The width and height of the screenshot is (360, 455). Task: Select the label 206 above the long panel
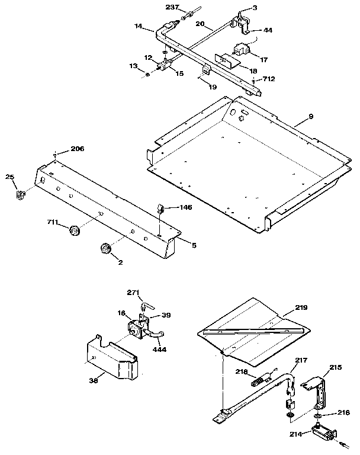coord(78,149)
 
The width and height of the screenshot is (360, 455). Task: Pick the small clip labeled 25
coord(19,193)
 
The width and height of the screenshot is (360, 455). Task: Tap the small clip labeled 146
coord(160,209)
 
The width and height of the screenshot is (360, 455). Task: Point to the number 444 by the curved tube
coord(159,350)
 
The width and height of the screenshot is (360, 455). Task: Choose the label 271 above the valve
coord(133,293)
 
